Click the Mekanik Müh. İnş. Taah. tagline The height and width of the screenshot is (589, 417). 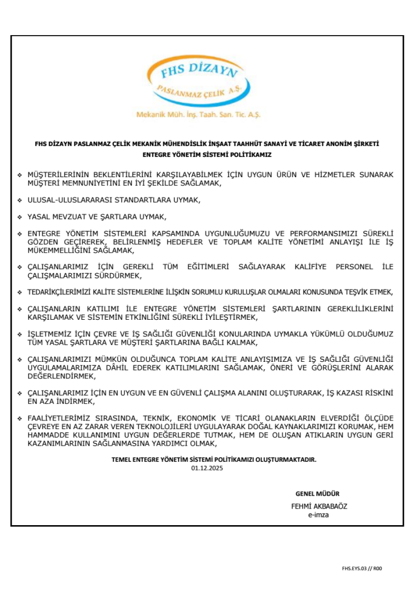click(198, 114)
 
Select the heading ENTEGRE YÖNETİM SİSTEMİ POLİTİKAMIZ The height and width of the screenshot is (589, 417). click(207, 155)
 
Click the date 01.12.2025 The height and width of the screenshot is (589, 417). click(207, 468)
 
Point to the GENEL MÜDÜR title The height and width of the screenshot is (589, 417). click(317, 494)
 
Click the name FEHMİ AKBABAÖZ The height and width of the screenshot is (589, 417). click(319, 507)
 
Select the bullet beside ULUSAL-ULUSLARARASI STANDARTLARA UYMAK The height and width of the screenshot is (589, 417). click(20, 201)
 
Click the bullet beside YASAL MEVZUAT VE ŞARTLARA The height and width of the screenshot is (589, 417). click(20, 217)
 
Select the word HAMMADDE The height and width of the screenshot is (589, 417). click(50, 435)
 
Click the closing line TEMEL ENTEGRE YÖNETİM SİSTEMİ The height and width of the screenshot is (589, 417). click(214, 460)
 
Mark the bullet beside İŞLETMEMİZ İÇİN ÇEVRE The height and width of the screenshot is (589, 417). click(20, 334)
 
